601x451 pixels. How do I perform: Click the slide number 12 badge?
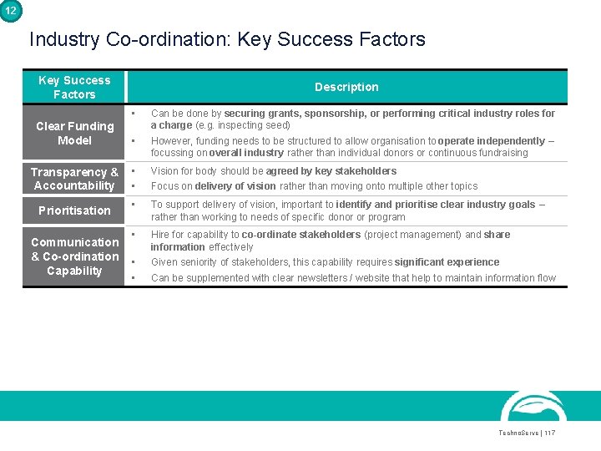[9, 9]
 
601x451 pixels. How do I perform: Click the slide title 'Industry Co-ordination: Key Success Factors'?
[227, 39]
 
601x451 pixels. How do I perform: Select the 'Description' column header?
[346, 87]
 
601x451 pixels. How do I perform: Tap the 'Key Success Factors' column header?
[74, 87]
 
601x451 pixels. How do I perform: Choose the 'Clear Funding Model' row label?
[74, 133]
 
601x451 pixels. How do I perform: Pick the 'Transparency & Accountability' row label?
[74, 179]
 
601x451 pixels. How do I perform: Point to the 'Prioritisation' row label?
[74, 210]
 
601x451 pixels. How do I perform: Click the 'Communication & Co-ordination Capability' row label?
[74, 256]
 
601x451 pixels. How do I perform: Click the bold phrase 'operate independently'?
[491, 141]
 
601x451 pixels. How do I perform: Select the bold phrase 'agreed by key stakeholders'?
[331, 171]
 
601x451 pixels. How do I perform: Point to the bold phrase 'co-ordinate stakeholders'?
[300, 235]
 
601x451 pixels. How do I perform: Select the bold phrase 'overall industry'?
[246, 153]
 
